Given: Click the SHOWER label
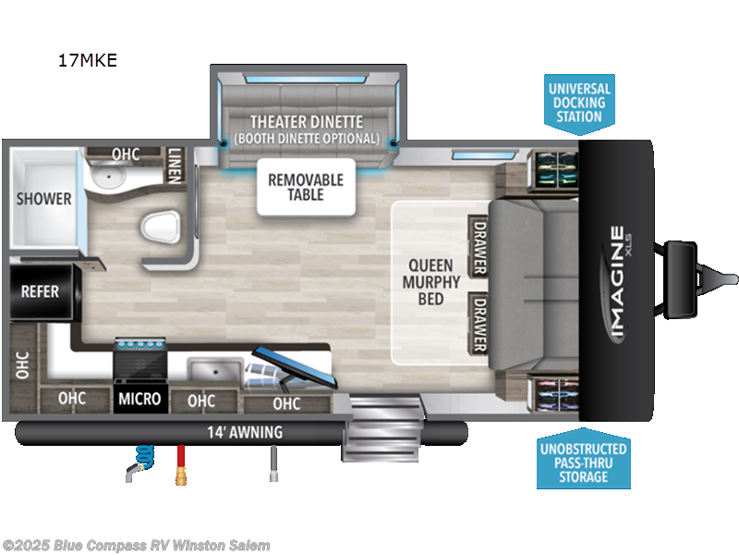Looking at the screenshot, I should pos(43,199).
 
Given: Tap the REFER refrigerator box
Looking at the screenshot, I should pos(40,291).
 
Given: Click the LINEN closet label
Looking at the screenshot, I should pos(175,166).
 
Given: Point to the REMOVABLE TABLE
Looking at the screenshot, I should pos(306,186).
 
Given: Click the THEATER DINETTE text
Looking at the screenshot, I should pos(306,122).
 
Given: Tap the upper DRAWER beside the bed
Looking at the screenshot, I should pos(479,246).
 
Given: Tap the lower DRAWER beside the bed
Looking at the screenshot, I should pos(479,324).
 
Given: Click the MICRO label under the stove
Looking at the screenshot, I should pos(139,400).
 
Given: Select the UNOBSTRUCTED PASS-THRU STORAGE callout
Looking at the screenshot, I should pos(583,462).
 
